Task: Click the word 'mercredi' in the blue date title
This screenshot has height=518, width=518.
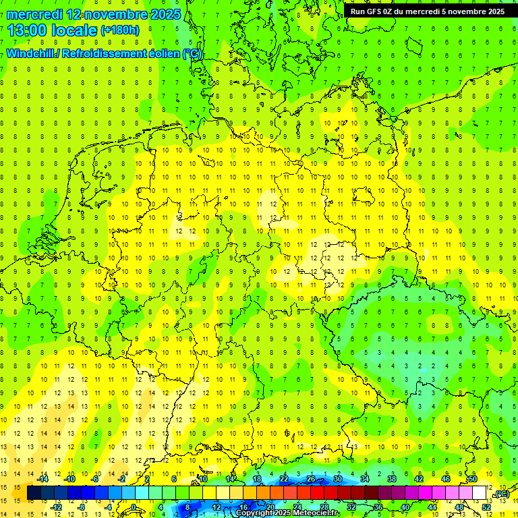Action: pyautogui.click(x=34, y=13)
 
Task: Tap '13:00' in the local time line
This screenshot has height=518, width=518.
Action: pyautogui.click(x=26, y=30)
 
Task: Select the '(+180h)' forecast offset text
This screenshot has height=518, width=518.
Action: pyautogui.click(x=120, y=30)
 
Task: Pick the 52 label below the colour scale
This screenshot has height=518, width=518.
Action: pyautogui.click(x=486, y=507)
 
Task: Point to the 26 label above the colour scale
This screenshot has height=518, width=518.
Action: pyautogui.click(x=311, y=480)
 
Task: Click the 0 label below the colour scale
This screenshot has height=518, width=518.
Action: pyautogui.click(x=134, y=507)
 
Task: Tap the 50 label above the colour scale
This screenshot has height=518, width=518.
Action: pyautogui.click(x=472, y=480)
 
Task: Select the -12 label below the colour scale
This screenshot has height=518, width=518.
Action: pyautogui.click(x=57, y=507)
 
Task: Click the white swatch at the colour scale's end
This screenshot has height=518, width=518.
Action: pyautogui.click(x=479, y=493)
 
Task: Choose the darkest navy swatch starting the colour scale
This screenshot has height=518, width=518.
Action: pyautogui.click(x=34, y=493)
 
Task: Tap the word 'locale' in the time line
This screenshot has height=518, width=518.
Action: pyautogui.click(x=74, y=30)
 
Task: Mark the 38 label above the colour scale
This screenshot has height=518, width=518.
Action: pyautogui.click(x=392, y=480)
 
